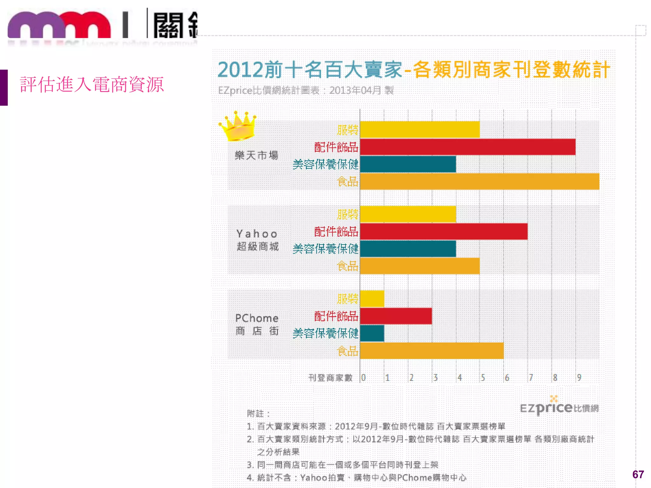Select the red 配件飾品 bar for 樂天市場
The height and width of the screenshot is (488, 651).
click(x=467, y=147)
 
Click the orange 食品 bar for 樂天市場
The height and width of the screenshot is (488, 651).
click(x=479, y=181)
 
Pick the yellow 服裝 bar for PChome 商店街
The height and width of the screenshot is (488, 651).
click(x=372, y=299)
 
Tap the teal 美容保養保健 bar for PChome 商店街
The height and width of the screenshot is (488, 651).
click(x=372, y=333)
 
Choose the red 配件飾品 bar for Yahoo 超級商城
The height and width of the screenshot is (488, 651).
click(x=443, y=232)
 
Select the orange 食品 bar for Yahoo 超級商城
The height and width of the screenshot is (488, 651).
click(x=420, y=266)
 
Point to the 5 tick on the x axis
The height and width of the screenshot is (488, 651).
click(x=483, y=377)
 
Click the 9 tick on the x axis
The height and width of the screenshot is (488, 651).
click(x=579, y=377)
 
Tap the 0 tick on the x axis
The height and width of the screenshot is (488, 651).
click(x=363, y=377)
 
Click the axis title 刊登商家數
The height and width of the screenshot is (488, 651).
click(x=330, y=378)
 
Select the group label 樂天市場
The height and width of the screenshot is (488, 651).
click(x=257, y=155)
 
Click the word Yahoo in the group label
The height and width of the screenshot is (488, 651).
click(x=257, y=234)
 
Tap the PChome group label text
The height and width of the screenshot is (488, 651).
click(x=257, y=318)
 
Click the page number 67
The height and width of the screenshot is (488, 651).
click(x=638, y=474)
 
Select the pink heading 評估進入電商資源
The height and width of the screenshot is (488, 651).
click(x=92, y=85)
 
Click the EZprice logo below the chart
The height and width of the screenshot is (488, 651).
click(x=559, y=407)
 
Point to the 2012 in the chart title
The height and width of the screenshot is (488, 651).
click(x=240, y=70)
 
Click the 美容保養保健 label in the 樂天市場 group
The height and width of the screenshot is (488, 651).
click(x=325, y=164)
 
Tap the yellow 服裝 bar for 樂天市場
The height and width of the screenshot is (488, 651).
click(x=420, y=130)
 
